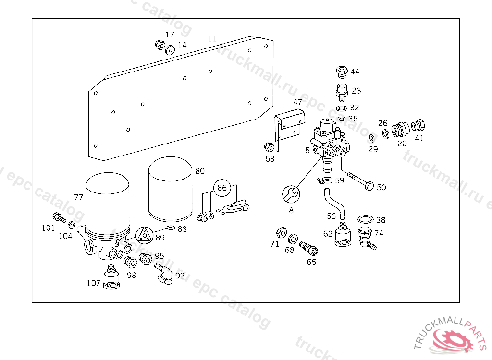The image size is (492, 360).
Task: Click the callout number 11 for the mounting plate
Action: [212, 38]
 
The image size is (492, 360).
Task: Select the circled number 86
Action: [221, 188]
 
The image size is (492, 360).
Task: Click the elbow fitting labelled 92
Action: [164, 275]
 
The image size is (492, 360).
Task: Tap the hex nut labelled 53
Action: [269, 146]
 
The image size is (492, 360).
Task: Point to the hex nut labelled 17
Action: [160, 45]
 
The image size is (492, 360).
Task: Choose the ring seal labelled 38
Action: [366, 220]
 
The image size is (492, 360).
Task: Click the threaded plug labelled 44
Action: [341, 72]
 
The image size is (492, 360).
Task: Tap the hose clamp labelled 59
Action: [325, 181]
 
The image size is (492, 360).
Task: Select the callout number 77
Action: [79, 197]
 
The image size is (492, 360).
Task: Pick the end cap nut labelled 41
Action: [418, 126]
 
